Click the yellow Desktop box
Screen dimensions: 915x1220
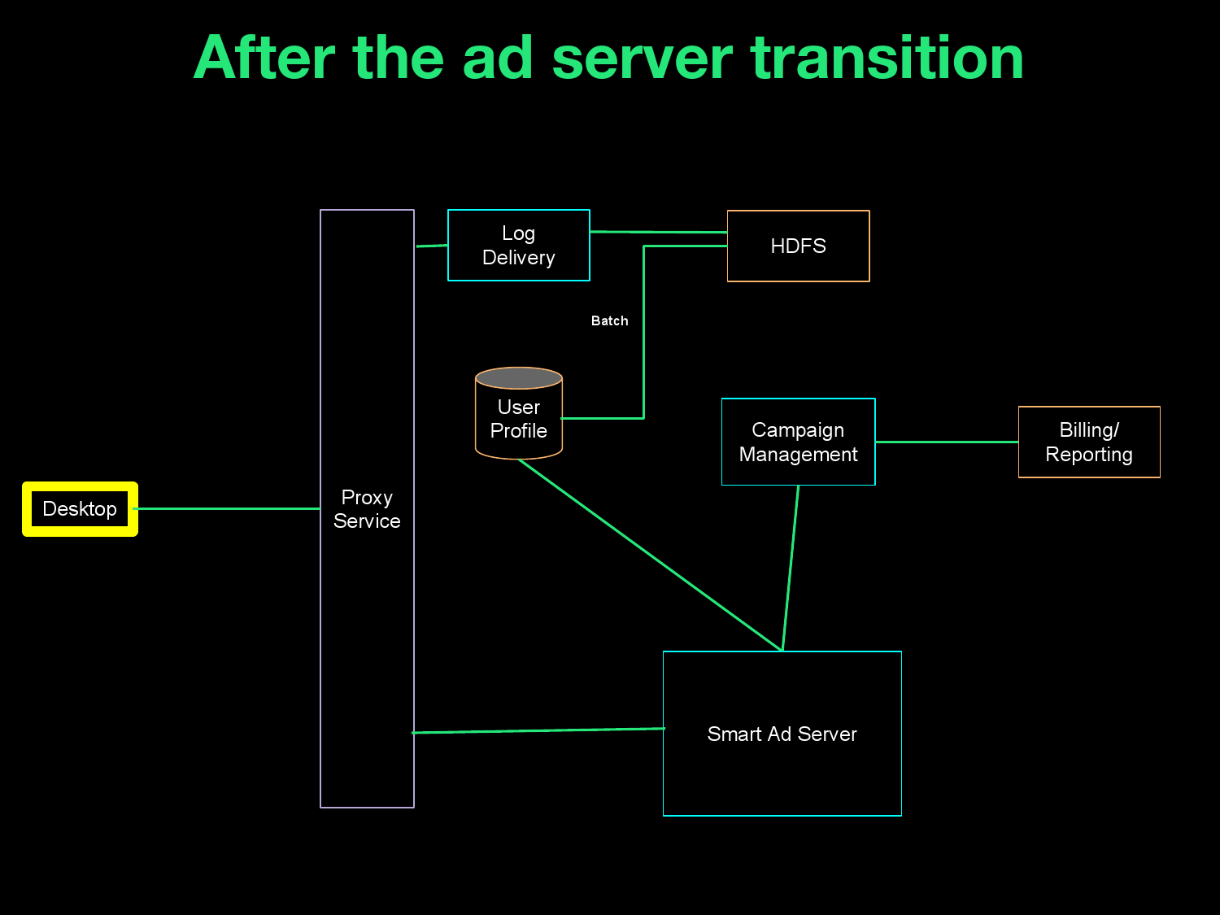[x=80, y=509]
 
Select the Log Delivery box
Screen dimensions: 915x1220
[x=518, y=246]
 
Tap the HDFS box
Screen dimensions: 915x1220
[x=798, y=246]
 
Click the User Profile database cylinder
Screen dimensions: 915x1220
[x=519, y=420]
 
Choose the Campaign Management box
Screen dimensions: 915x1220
[x=798, y=442]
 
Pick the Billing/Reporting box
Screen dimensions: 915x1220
[x=1088, y=442]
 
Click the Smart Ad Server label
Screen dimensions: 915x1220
[x=782, y=734]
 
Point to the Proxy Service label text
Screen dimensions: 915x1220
[x=367, y=509]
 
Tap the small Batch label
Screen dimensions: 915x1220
[x=609, y=321]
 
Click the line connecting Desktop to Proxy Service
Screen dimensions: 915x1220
[x=228, y=509]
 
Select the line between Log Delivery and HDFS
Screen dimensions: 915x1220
[x=659, y=233]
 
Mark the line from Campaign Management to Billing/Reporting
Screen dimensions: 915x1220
[x=947, y=442]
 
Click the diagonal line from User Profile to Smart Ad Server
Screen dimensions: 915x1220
[x=651, y=556]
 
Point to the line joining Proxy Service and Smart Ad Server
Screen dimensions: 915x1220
[x=538, y=730]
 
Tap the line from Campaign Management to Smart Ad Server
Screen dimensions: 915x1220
[x=791, y=568]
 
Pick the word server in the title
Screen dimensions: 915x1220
[x=643, y=59]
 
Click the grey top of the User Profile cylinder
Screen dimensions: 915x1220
[x=519, y=378]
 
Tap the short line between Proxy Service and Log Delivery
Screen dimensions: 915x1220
[x=431, y=246]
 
